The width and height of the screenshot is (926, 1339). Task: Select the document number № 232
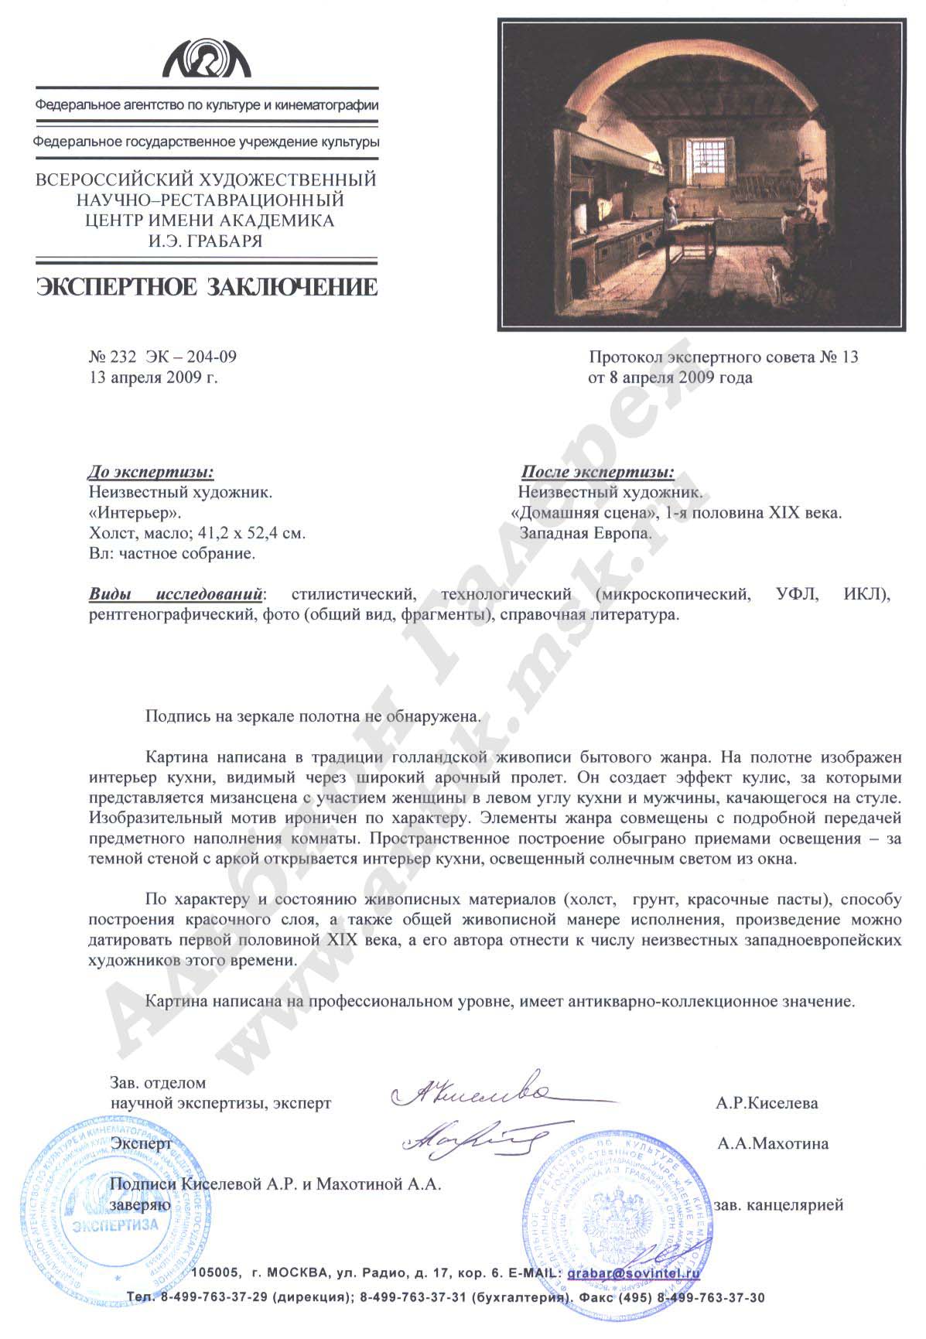click(x=113, y=357)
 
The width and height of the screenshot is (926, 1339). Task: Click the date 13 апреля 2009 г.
click(x=154, y=377)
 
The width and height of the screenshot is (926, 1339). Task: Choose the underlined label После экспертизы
click(x=597, y=471)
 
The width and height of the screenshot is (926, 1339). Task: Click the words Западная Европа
click(x=586, y=533)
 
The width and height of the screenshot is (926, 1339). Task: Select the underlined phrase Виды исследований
click(x=176, y=595)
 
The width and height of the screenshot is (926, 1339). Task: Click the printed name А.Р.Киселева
click(x=767, y=1103)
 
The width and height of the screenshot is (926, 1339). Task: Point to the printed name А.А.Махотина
click(x=772, y=1143)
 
